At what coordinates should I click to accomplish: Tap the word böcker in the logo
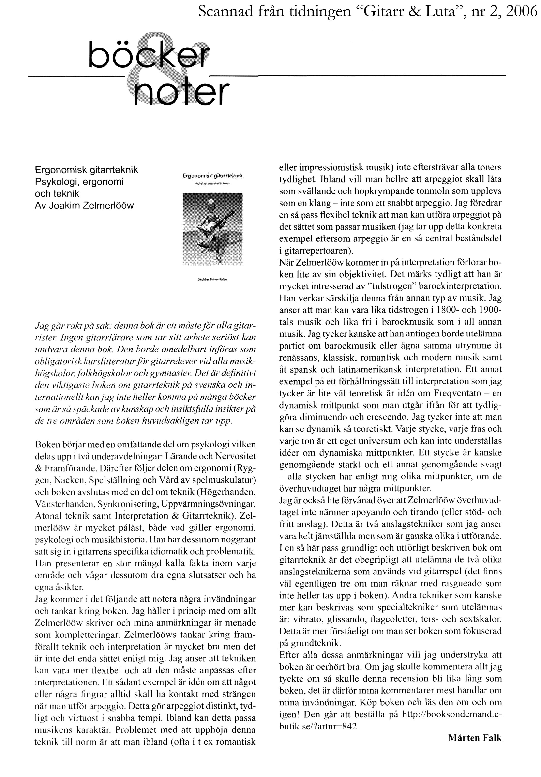(x=148, y=56)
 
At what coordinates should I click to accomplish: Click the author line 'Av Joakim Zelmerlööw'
(x=84, y=206)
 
